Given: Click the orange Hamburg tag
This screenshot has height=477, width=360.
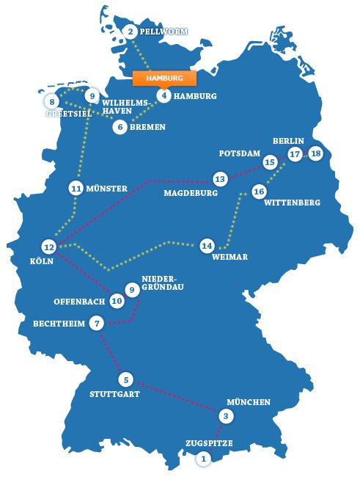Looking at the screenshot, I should pyautogui.click(x=164, y=77).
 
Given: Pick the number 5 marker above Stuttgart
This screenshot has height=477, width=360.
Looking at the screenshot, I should pyautogui.click(x=126, y=379).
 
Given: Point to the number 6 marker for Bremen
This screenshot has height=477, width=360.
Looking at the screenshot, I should pyautogui.click(x=120, y=127).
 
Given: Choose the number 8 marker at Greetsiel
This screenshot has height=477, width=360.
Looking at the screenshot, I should pyautogui.click(x=52, y=101).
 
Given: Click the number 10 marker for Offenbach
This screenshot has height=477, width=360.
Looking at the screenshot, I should pyautogui.click(x=117, y=301).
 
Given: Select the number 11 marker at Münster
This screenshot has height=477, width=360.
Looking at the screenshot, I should pyautogui.click(x=76, y=188).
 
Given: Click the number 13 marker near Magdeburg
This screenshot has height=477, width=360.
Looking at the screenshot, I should pyautogui.click(x=219, y=178).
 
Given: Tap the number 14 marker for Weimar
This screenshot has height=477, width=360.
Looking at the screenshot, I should pyautogui.click(x=207, y=246).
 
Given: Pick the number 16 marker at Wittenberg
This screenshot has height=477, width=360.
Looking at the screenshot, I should pyautogui.click(x=258, y=192).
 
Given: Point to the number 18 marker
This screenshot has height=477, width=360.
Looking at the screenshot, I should pyautogui.click(x=315, y=153).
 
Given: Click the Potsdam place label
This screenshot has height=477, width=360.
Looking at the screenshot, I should pyautogui.click(x=240, y=154).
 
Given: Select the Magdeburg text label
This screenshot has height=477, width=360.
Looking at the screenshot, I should pyautogui.click(x=191, y=193).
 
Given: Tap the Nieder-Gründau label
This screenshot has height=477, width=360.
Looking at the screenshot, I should pyautogui.click(x=162, y=283).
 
